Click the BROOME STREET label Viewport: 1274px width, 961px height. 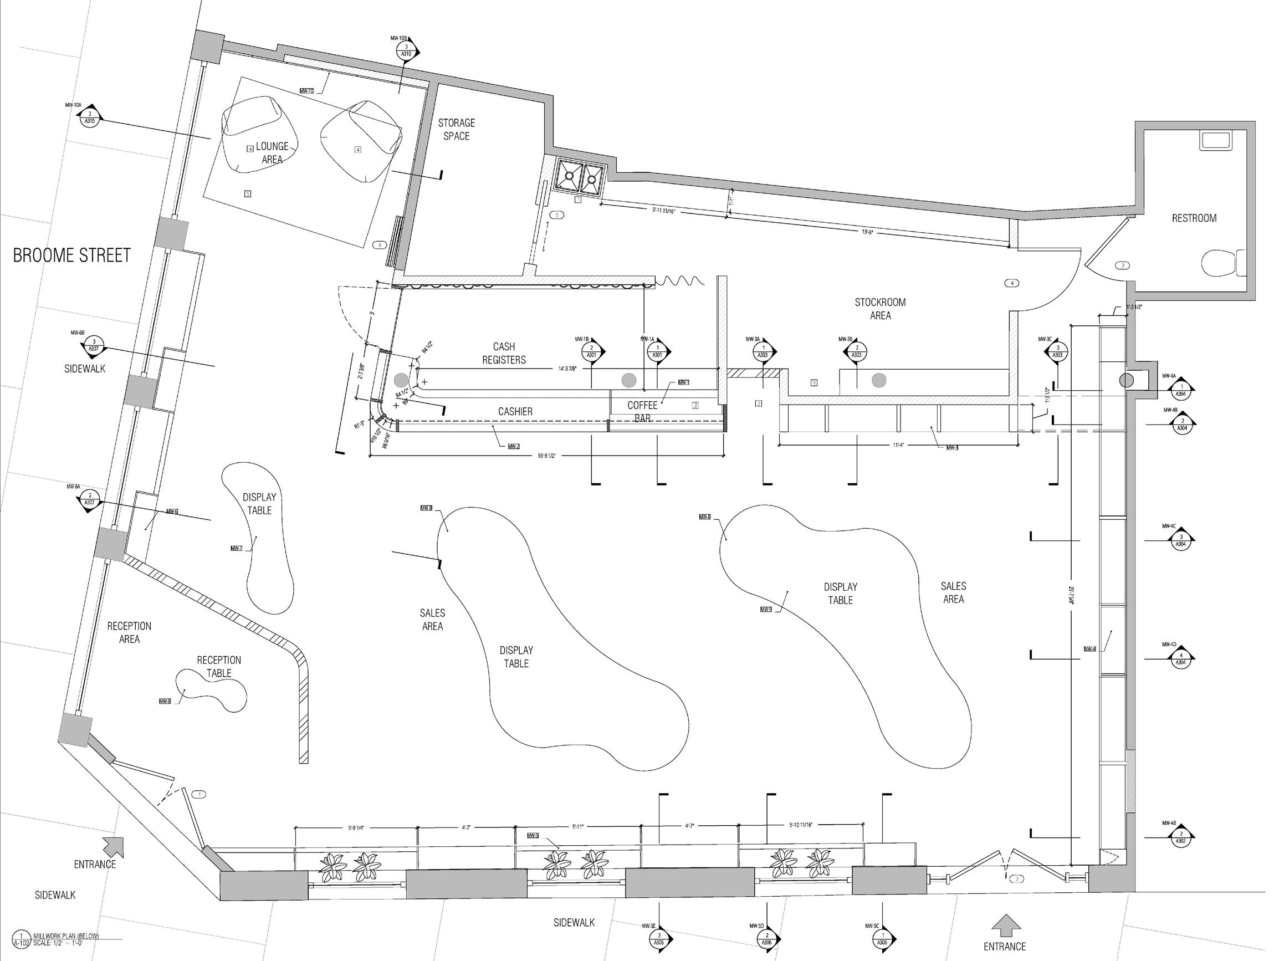72,255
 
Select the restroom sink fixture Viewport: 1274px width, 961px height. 1215,141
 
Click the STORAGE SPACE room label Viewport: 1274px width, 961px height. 456,130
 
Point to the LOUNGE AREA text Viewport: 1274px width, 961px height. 273,152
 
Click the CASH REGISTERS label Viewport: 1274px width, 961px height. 504,353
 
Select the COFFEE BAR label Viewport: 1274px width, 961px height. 642,411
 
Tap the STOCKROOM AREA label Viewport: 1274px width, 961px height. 880,309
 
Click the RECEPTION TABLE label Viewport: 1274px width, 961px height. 219,667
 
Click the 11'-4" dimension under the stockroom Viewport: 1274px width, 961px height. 899,446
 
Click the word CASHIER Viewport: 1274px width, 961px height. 515,412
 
